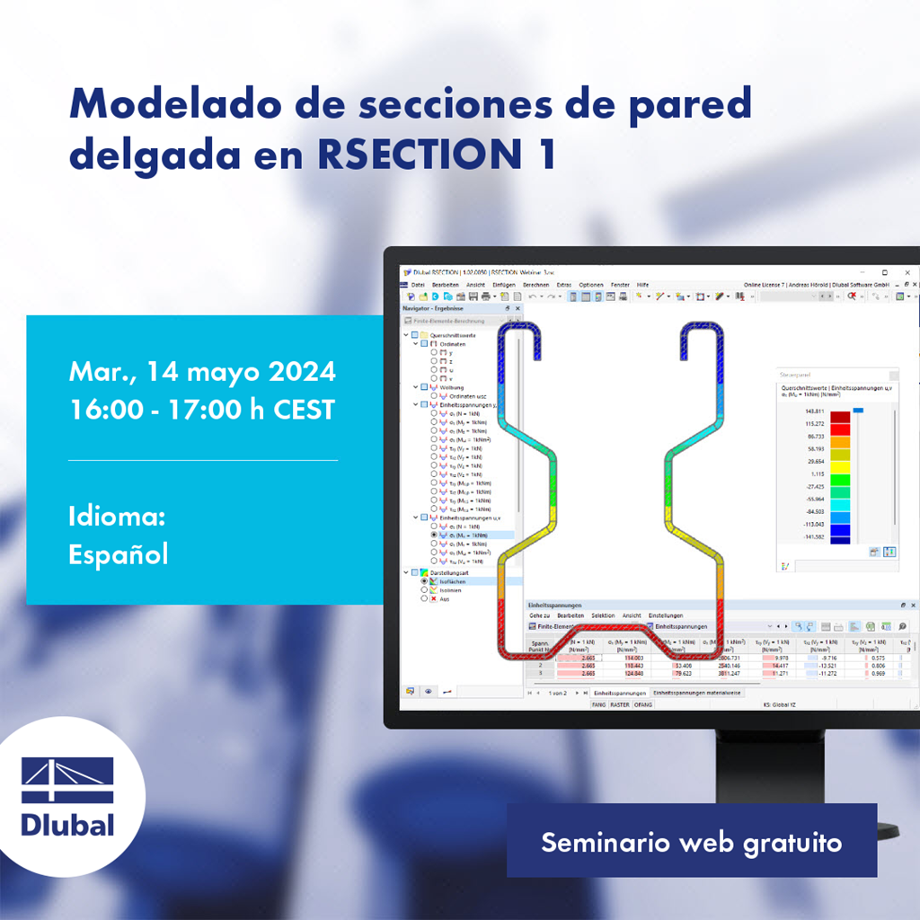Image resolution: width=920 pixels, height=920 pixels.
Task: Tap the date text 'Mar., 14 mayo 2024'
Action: point(202,371)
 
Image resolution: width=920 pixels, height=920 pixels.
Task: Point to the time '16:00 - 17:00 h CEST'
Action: point(202,410)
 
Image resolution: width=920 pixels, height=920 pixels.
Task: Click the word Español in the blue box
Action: point(118,554)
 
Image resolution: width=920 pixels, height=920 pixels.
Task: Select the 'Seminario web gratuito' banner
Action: point(691,843)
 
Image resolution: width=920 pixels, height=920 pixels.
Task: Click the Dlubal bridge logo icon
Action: point(67,779)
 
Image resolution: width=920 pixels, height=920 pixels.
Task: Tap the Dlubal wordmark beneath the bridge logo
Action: point(67,824)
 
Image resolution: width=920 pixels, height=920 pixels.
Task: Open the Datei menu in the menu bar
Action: point(418,284)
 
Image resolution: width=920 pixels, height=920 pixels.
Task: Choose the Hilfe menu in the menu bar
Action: point(642,284)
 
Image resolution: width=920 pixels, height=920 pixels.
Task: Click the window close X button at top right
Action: point(907,272)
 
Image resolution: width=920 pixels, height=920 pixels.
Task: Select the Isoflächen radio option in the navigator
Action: point(451,581)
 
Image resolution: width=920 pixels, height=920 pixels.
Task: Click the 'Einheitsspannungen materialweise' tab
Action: point(698,693)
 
